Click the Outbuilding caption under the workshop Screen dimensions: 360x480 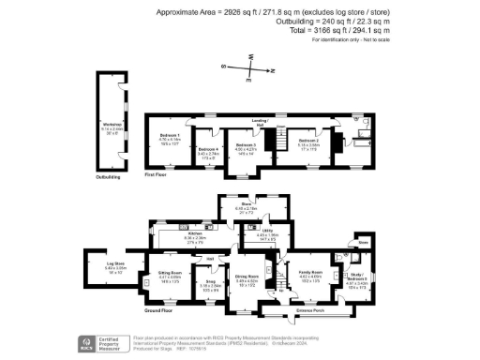click(110, 175)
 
